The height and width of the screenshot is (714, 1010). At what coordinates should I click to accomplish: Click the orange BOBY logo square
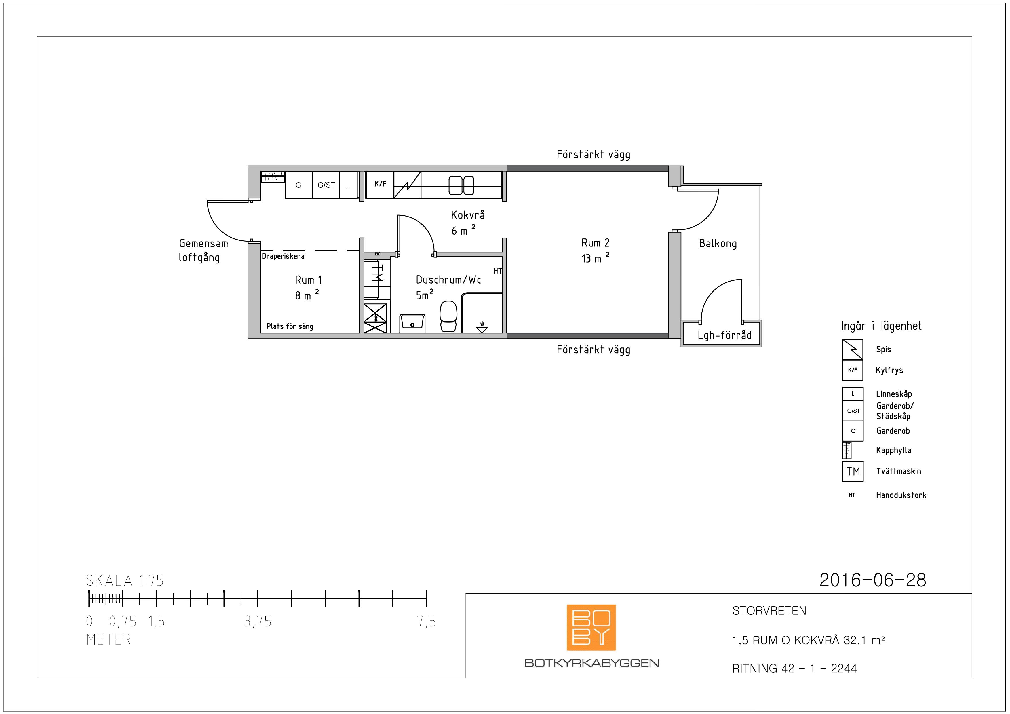[x=591, y=627]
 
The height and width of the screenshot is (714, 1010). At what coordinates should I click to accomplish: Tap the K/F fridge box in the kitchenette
[x=380, y=185]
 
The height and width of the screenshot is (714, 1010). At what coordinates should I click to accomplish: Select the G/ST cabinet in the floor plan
[x=326, y=185]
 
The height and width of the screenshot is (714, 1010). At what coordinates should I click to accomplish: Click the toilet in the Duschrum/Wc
[x=448, y=316]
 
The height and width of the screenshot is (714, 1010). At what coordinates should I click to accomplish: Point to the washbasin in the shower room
[x=412, y=323]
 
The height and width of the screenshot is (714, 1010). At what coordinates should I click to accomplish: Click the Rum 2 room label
[x=595, y=243]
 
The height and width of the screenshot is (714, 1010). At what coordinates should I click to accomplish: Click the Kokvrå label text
[x=468, y=215]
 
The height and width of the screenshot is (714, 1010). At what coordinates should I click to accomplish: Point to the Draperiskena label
[x=283, y=256]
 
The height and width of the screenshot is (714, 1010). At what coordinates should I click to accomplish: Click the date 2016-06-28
[x=873, y=580]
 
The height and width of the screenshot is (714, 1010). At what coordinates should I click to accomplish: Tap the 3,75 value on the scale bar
[x=258, y=622]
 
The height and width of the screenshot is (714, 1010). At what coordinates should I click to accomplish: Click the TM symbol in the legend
[x=853, y=472]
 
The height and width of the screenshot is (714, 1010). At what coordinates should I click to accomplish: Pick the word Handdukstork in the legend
[x=901, y=495]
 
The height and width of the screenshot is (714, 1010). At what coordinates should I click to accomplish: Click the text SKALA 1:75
[x=125, y=581]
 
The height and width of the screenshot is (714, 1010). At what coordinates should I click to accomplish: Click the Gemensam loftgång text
[x=203, y=250]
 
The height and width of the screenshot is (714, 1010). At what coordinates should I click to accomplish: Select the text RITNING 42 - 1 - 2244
[x=794, y=669]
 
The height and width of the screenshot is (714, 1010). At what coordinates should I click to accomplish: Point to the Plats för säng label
[x=290, y=326]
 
